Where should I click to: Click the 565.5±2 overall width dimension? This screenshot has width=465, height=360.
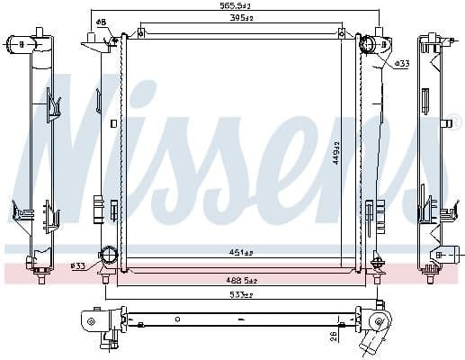[237, 6]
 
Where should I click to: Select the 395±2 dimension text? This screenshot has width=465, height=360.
[237, 17]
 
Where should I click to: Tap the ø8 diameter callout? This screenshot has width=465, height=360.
[101, 22]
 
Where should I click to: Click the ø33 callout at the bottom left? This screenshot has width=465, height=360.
[78, 265]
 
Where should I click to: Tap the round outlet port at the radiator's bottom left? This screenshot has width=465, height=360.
[110, 254]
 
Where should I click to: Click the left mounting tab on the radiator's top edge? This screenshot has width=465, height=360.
[140, 33]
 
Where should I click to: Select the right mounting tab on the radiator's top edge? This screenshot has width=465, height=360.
[340, 33]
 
